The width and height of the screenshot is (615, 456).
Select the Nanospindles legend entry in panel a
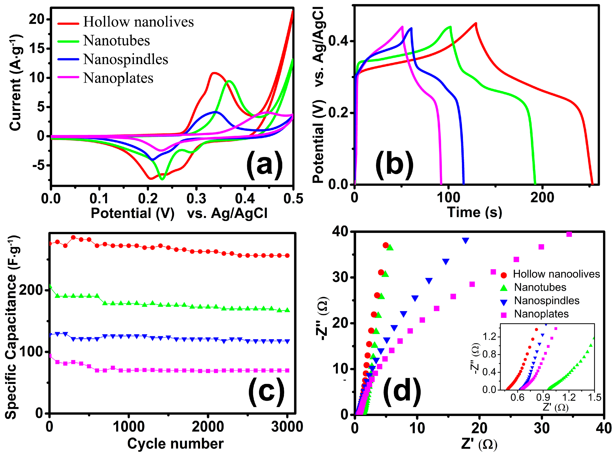point(126,60)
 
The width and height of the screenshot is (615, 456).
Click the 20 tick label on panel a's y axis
point(36,19)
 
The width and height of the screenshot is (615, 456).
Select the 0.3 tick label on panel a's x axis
point(196,199)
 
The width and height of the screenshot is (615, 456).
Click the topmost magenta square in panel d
point(569,234)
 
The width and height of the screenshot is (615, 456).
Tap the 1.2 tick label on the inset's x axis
point(569,397)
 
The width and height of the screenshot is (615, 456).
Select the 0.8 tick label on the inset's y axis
point(489,354)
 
